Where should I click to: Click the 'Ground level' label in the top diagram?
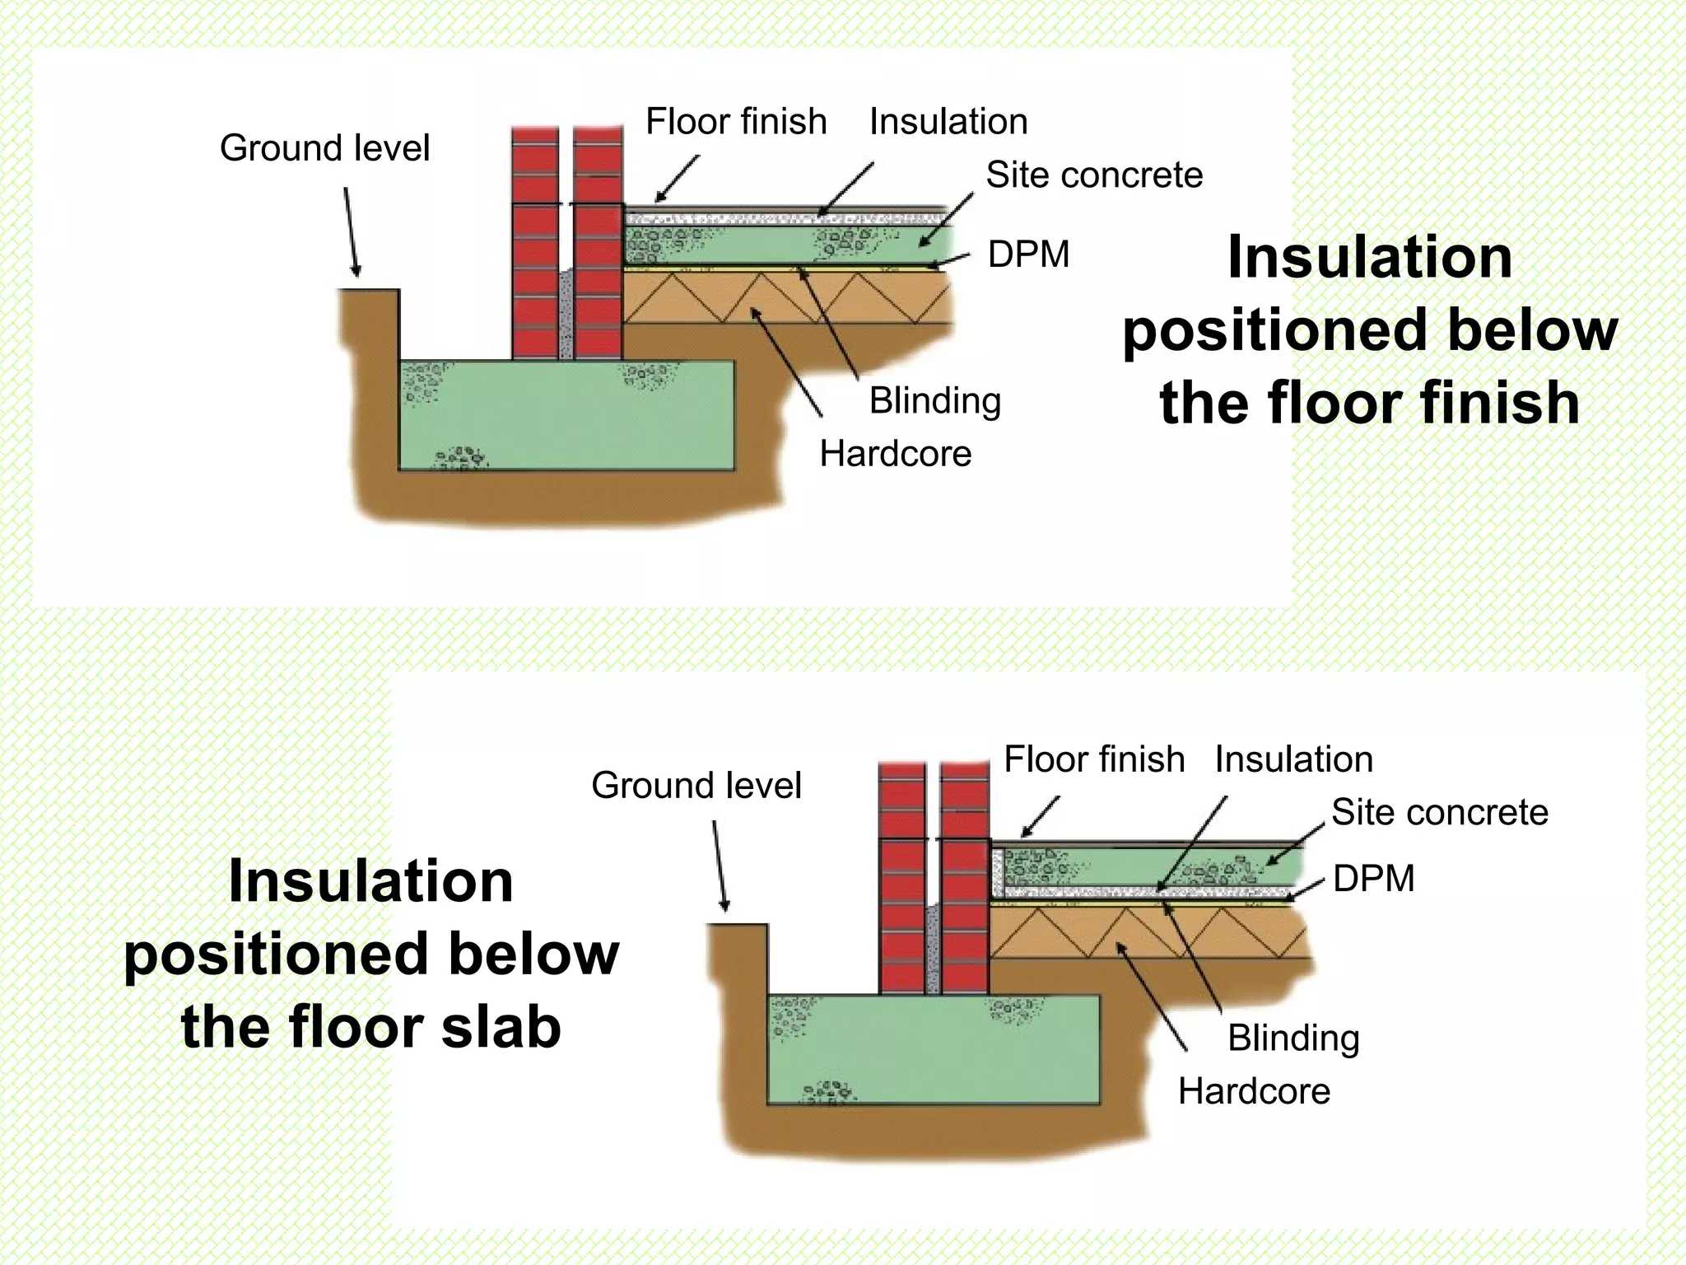coord(324,149)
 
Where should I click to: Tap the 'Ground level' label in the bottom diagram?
coord(696,786)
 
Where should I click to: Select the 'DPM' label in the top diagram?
coord(1028,254)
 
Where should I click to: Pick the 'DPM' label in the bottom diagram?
coord(1373,879)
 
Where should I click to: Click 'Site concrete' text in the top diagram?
coord(1094,175)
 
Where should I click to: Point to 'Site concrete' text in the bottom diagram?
coord(1439,813)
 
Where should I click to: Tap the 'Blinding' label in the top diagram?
coord(934,402)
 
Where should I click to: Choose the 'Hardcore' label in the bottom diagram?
coord(1253,1092)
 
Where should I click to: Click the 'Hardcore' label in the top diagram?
coord(895,455)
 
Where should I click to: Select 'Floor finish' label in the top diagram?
coord(735,122)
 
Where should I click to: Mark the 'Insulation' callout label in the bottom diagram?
coord(1293,759)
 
